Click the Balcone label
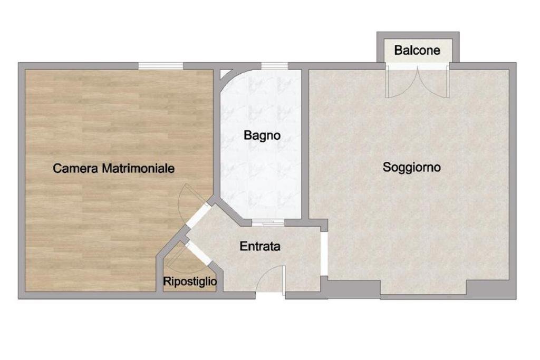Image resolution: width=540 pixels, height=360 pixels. [417, 51]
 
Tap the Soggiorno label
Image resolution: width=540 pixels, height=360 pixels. [412, 168]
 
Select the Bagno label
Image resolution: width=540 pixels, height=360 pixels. [262, 135]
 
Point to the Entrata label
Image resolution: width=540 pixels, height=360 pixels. [260, 246]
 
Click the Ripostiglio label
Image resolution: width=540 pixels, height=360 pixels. [190, 282]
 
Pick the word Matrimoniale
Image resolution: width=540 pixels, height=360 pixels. [139, 169]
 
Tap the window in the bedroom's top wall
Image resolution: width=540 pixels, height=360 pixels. [161, 66]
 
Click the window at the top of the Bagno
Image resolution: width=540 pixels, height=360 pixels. [275, 66]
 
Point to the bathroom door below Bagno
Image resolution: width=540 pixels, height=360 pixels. [268, 223]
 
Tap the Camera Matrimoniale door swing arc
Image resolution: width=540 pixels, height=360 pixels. [182, 203]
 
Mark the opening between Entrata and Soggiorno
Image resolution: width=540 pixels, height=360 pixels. [325, 253]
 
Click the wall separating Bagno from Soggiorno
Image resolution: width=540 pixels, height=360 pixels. [305, 142]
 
